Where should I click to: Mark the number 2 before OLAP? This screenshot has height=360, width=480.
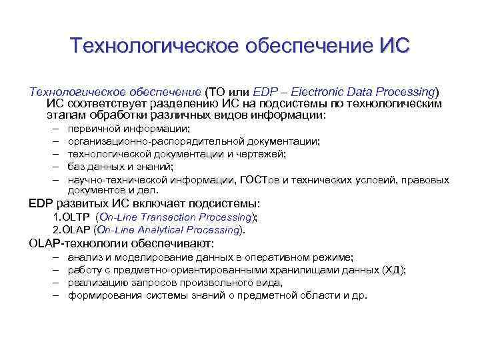pyautogui.click(x=56, y=230)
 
